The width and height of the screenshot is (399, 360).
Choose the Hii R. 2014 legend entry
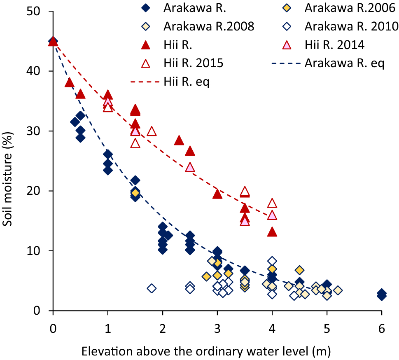point(335,44)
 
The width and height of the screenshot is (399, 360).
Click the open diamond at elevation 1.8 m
point(152,288)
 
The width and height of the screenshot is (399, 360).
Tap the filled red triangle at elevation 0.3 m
point(69,83)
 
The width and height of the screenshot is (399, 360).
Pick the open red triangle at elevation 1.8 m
point(152,131)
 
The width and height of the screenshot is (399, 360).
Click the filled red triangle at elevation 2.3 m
point(179,140)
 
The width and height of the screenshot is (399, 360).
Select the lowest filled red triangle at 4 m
point(272,232)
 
